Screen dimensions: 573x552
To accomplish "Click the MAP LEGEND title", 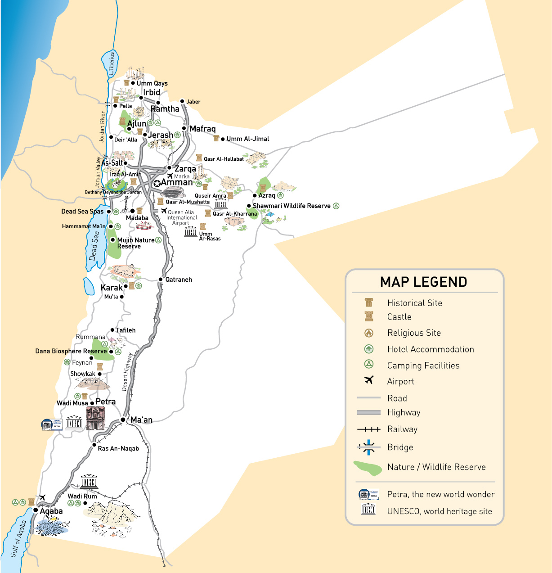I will point(423,282).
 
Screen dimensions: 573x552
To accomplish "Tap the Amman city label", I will point(177,182).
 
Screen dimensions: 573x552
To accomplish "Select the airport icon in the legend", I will point(369,380).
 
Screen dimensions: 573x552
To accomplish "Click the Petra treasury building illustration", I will point(95,418).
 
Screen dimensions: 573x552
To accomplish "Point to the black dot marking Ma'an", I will point(123,420).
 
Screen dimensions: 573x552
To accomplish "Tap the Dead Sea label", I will point(94,246).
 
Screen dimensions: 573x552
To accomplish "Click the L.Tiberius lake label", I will point(112,63).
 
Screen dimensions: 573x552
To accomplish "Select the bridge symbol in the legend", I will point(369,447).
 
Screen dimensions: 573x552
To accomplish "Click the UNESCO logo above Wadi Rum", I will point(89,481).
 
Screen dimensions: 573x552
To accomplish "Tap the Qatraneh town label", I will point(179,280).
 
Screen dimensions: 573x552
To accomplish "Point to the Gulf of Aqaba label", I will point(18,538).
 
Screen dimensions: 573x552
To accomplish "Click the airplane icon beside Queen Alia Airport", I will point(164,211).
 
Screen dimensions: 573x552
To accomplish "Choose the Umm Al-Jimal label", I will point(248,139).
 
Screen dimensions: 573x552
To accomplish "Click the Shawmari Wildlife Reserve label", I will point(292,206).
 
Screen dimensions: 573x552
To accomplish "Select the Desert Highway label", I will point(127,371).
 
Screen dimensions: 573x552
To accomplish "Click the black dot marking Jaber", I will point(182,101).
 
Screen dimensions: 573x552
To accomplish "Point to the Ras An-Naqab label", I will point(118,448).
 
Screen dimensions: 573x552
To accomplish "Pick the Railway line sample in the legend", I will point(369,429).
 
